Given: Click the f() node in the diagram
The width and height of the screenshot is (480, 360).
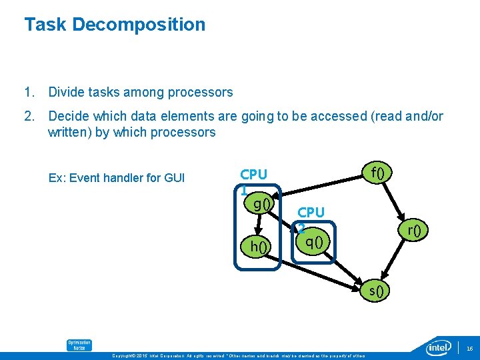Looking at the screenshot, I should pos(378,173).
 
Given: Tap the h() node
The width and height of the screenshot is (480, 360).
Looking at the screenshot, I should pos(259,247).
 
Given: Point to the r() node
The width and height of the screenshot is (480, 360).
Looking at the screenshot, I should pos(414,231).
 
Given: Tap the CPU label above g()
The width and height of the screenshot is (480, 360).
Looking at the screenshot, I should pos(253,175).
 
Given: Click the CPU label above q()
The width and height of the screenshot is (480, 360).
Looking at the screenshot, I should pos(311,212).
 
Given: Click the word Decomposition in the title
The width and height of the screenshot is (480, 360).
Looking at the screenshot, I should pos(139,25).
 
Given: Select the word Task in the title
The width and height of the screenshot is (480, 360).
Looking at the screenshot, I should pos(45,25).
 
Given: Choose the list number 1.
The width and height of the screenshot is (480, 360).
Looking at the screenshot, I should pos(28,92).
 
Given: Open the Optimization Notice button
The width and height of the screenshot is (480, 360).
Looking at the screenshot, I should pos(79,345).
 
